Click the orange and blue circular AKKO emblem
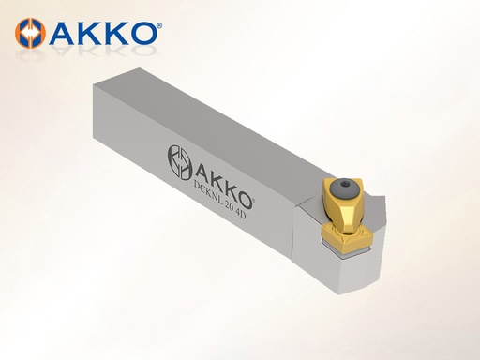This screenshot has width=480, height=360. pyautogui.click(x=30, y=34)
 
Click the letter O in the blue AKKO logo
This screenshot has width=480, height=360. pyautogui.click(x=144, y=33)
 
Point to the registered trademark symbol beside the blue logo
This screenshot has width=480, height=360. pyautogui.click(x=159, y=25)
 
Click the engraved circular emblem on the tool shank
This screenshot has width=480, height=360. pyautogui.click(x=180, y=162)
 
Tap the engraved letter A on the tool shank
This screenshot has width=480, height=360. pyautogui.click(x=203, y=175)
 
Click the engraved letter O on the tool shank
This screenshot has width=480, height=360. pyautogui.click(x=244, y=200)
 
